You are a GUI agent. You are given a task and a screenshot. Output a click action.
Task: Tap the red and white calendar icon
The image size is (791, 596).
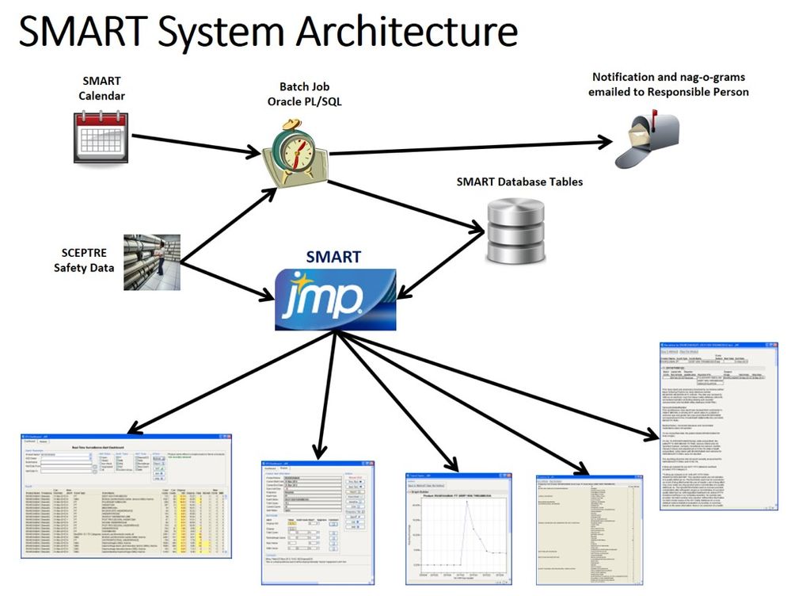(x=98, y=136)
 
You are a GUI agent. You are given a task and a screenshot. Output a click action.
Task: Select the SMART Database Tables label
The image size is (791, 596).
(x=519, y=181)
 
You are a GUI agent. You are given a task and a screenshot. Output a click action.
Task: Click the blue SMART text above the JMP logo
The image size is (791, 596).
(x=333, y=257)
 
